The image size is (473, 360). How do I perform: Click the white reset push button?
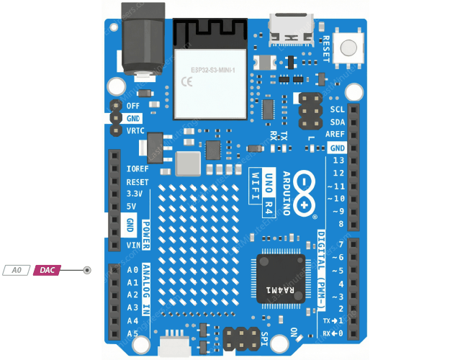[348, 48]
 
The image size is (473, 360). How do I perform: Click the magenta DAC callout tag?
[47, 270]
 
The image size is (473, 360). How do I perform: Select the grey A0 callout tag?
[17, 270]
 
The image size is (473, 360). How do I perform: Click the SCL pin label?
[337, 109]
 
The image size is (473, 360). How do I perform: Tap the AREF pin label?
[335, 135]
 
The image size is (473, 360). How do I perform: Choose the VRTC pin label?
[135, 131]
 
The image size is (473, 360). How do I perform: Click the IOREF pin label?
[137, 168]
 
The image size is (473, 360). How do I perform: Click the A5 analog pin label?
[132, 333]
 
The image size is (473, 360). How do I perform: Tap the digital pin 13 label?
[338, 160]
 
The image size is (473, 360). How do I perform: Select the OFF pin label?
[132, 106]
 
